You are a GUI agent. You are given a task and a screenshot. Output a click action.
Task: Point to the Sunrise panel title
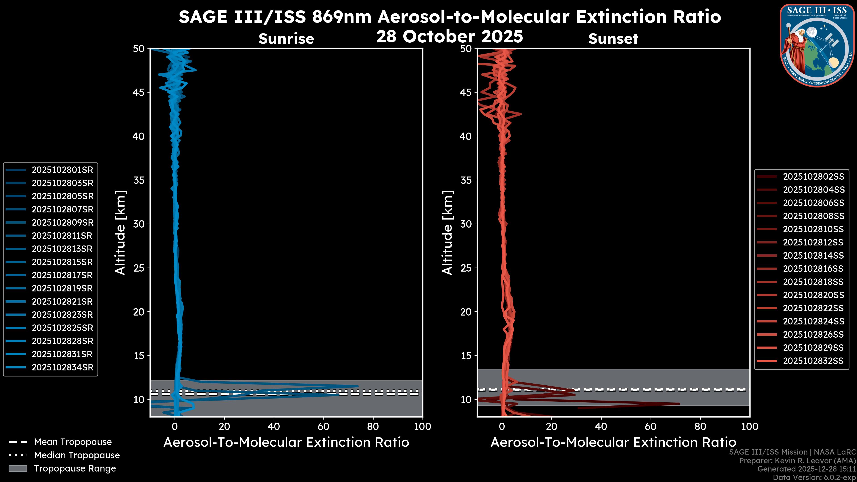286,39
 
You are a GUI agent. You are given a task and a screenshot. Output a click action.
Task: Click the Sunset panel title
613,39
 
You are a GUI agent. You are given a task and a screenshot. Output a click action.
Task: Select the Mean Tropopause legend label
73,442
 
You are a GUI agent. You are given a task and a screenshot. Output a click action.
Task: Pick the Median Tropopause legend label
77,455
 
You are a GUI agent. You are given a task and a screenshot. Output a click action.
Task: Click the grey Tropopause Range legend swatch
18,469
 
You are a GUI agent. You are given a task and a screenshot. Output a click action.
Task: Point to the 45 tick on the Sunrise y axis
139,92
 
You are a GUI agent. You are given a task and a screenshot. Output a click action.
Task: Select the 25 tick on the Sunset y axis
466,268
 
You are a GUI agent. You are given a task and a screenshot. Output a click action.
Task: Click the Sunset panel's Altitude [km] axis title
447,233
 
